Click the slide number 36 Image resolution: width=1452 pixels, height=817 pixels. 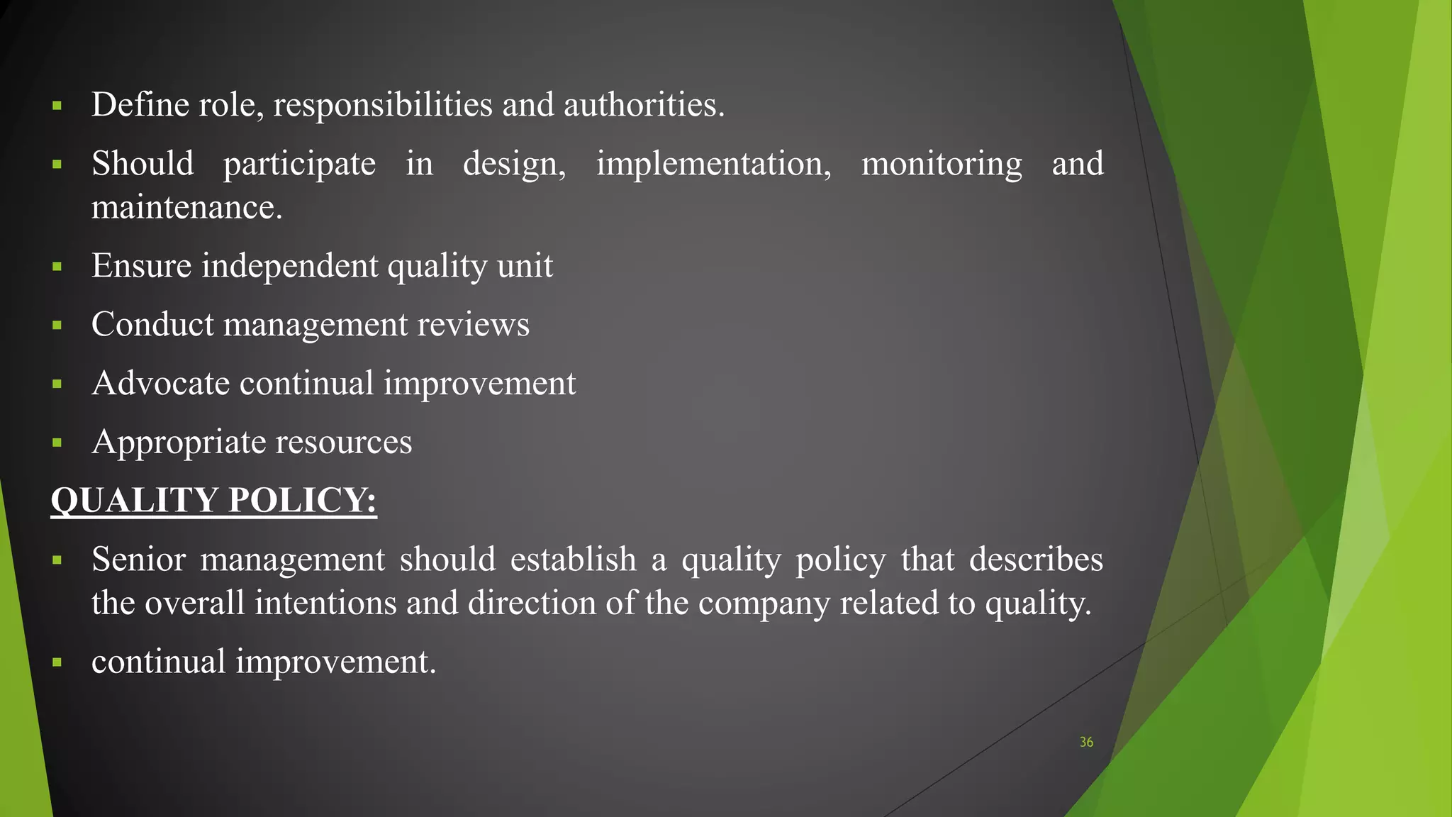click(x=1086, y=742)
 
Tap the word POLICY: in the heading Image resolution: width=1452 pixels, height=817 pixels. click(x=302, y=500)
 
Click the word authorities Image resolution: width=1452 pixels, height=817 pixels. click(x=644, y=105)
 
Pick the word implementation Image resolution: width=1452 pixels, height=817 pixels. click(x=713, y=165)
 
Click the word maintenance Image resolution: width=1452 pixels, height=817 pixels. click(x=186, y=208)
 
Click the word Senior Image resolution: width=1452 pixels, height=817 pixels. click(x=138, y=560)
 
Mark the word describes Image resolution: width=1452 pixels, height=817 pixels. click(x=1036, y=560)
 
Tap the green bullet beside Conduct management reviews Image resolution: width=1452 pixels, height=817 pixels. click(x=57, y=326)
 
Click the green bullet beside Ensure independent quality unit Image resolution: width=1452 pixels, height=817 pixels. click(x=57, y=267)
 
